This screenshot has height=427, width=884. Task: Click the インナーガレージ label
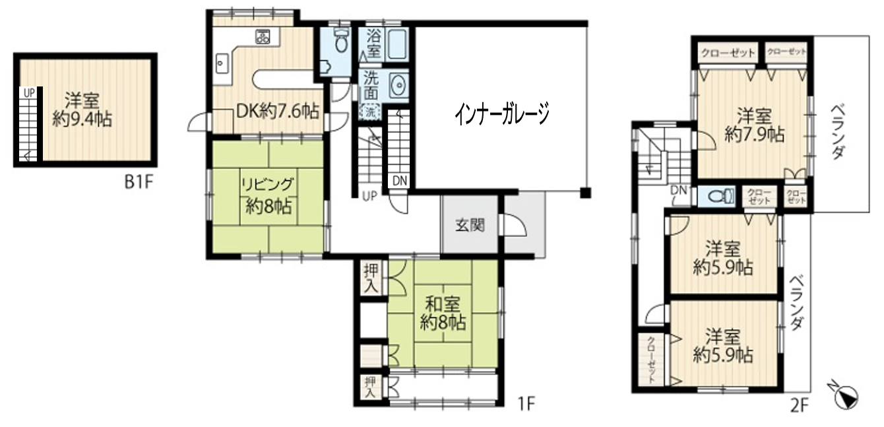pos(501,114)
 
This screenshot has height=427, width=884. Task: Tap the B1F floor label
pos(139,182)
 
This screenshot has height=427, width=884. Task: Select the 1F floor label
pos(526,403)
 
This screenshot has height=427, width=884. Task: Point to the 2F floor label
pos(800,406)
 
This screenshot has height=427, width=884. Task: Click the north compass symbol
pos(845,396)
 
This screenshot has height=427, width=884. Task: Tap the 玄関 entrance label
pos(470,225)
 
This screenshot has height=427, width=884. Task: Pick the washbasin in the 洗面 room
pos(398,86)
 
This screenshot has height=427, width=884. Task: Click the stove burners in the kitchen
pos(263,37)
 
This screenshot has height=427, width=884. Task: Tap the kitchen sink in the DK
pos(222,63)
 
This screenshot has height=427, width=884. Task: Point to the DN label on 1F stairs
pos(399,181)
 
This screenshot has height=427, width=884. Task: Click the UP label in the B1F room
pos(29,93)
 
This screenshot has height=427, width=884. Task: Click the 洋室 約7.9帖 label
pos(755,125)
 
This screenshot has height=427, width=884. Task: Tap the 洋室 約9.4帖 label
pos(82,110)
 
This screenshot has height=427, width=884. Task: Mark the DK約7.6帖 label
pos(278,112)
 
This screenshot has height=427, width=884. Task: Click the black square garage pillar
pos(585,193)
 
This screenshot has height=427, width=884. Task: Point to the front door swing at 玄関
pos(515,224)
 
